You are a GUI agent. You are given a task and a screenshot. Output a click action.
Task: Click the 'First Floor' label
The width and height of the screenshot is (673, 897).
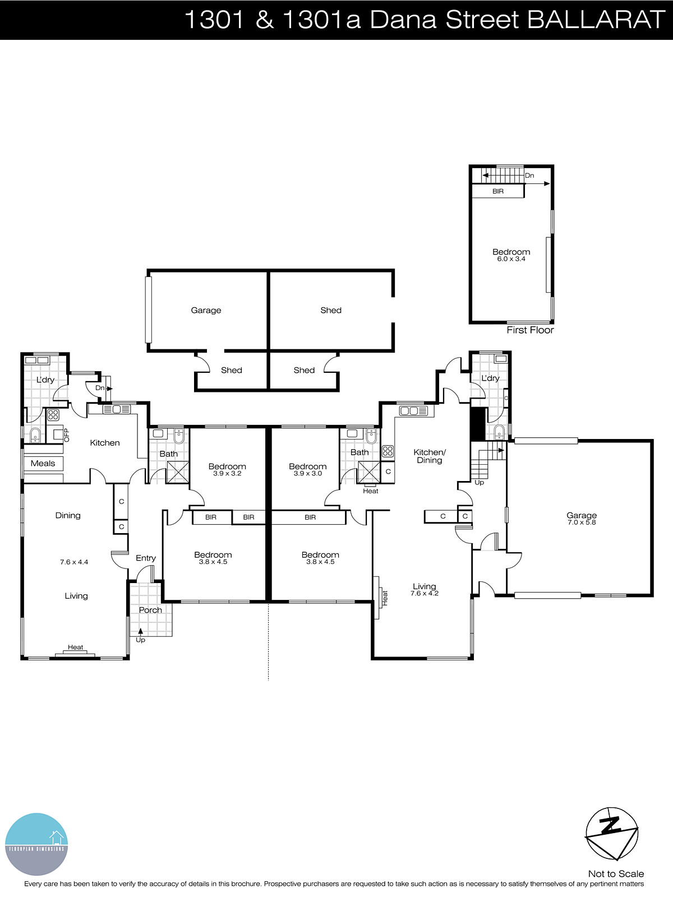coord(530,330)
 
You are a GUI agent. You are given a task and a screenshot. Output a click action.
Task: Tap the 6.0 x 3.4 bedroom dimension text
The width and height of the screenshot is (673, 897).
coord(511,259)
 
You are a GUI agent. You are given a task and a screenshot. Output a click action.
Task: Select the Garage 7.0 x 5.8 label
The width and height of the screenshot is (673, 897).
coord(582,518)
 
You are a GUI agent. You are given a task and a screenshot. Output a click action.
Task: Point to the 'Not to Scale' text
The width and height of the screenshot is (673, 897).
coord(616,873)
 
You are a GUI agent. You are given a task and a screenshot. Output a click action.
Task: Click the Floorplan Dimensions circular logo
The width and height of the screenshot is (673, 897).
coord(36,844)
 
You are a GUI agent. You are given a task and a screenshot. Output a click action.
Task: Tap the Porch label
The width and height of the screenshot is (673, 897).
coord(150,610)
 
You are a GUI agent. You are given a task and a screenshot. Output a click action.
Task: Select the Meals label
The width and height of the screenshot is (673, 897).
coord(43,463)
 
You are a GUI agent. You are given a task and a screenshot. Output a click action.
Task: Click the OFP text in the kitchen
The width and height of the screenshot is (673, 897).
coord(66,435)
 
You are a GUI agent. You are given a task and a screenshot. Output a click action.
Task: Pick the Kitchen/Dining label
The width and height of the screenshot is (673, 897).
coord(429,456)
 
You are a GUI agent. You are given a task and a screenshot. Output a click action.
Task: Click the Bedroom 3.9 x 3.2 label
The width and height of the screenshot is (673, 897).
coord(227,469)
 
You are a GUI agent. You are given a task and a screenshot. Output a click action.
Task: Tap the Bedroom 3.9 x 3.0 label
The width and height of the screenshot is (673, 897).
coord(307,469)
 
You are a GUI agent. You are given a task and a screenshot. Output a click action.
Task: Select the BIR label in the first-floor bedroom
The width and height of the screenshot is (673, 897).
coord(498,191)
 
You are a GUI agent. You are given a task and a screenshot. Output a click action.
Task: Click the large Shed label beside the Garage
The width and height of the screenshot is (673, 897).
coord(331,310)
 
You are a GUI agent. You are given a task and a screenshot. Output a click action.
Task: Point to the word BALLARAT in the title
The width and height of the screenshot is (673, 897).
coord(596,20)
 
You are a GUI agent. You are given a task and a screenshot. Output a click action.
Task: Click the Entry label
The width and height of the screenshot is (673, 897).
coord(146,558)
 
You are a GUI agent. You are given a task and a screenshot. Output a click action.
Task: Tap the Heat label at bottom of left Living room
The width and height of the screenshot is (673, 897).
coord(76,647)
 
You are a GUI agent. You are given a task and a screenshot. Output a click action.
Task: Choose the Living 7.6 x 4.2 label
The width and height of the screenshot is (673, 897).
coord(424,589)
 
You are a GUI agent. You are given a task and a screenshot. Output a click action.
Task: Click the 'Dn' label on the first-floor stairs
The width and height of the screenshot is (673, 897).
coord(529,175)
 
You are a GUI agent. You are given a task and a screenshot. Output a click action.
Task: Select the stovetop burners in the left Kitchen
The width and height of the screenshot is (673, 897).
coord(53,415)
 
